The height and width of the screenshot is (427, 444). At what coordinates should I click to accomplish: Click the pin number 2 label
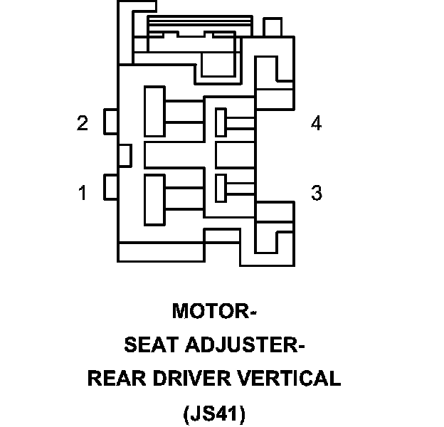(x=83, y=123)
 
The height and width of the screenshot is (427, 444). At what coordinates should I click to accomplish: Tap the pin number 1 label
(x=83, y=193)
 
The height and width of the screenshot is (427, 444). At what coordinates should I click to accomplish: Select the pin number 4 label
(x=316, y=123)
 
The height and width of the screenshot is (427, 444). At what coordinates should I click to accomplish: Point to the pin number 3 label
(x=316, y=193)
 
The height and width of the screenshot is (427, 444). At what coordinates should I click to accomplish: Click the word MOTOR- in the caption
(x=214, y=312)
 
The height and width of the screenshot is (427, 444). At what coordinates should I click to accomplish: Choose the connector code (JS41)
(x=213, y=413)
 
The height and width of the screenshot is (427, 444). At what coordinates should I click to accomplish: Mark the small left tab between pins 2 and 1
(x=125, y=154)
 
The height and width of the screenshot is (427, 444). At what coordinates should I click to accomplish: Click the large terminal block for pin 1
(x=155, y=193)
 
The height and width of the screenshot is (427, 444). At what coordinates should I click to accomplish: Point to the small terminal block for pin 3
(x=221, y=186)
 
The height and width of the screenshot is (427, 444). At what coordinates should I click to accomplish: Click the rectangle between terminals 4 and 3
(x=236, y=154)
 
